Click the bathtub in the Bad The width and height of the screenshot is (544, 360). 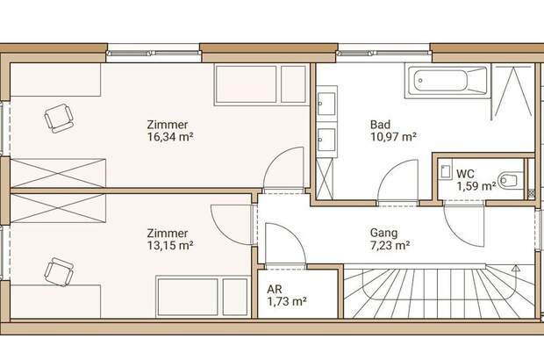tap(447, 82)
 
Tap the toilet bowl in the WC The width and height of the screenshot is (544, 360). tap(510, 181)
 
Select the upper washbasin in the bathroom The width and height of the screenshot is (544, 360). tap(326, 103)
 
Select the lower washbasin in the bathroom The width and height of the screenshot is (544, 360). tap(326, 140)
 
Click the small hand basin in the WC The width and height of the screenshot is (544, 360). tap(445, 171)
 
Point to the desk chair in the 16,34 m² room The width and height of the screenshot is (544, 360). tap(59, 118)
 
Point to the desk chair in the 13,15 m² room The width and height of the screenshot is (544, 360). tap(59, 271)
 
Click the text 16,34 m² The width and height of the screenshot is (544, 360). tap(170, 137)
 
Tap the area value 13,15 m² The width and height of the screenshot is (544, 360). tap(170, 246)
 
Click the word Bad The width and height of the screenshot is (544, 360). tap(380, 125)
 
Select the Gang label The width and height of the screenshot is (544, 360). tap(383, 234)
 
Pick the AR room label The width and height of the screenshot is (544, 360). tap(275, 289)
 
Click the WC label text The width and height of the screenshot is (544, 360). tap(465, 173)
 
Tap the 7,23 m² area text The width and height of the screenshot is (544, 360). tap(390, 246)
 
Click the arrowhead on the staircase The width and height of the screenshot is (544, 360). tap(516, 268)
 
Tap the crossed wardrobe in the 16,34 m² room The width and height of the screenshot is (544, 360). tap(58, 173)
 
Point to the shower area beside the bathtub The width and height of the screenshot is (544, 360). tap(512, 90)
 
